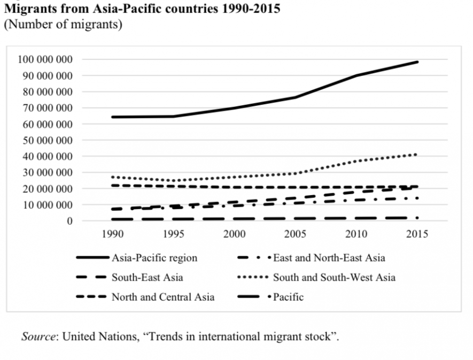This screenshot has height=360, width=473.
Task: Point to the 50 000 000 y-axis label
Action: [x=45, y=140]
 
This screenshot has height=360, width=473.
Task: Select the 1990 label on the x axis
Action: [x=112, y=234]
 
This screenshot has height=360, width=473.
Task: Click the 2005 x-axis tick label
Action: [x=295, y=234]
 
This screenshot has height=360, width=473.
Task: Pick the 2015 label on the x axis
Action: [x=417, y=234]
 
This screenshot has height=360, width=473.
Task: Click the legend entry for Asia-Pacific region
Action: [x=154, y=258]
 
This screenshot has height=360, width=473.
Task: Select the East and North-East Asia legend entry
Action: [x=329, y=258]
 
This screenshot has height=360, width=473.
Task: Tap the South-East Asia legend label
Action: [x=147, y=278]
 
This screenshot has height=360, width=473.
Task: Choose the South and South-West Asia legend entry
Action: [x=334, y=278]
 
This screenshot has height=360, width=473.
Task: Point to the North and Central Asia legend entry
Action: [x=162, y=297]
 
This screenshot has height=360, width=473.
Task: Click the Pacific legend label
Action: [x=288, y=297]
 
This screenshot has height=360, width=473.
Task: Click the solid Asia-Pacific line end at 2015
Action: [x=417, y=62]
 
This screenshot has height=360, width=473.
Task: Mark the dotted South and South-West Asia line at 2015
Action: [x=417, y=155]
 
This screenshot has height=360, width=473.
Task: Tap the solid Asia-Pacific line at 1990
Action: [x=113, y=117]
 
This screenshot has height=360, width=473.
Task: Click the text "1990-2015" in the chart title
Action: [x=250, y=10]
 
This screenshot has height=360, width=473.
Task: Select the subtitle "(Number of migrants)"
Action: [x=63, y=25]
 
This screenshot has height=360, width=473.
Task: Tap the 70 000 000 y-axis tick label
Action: [x=45, y=108]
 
